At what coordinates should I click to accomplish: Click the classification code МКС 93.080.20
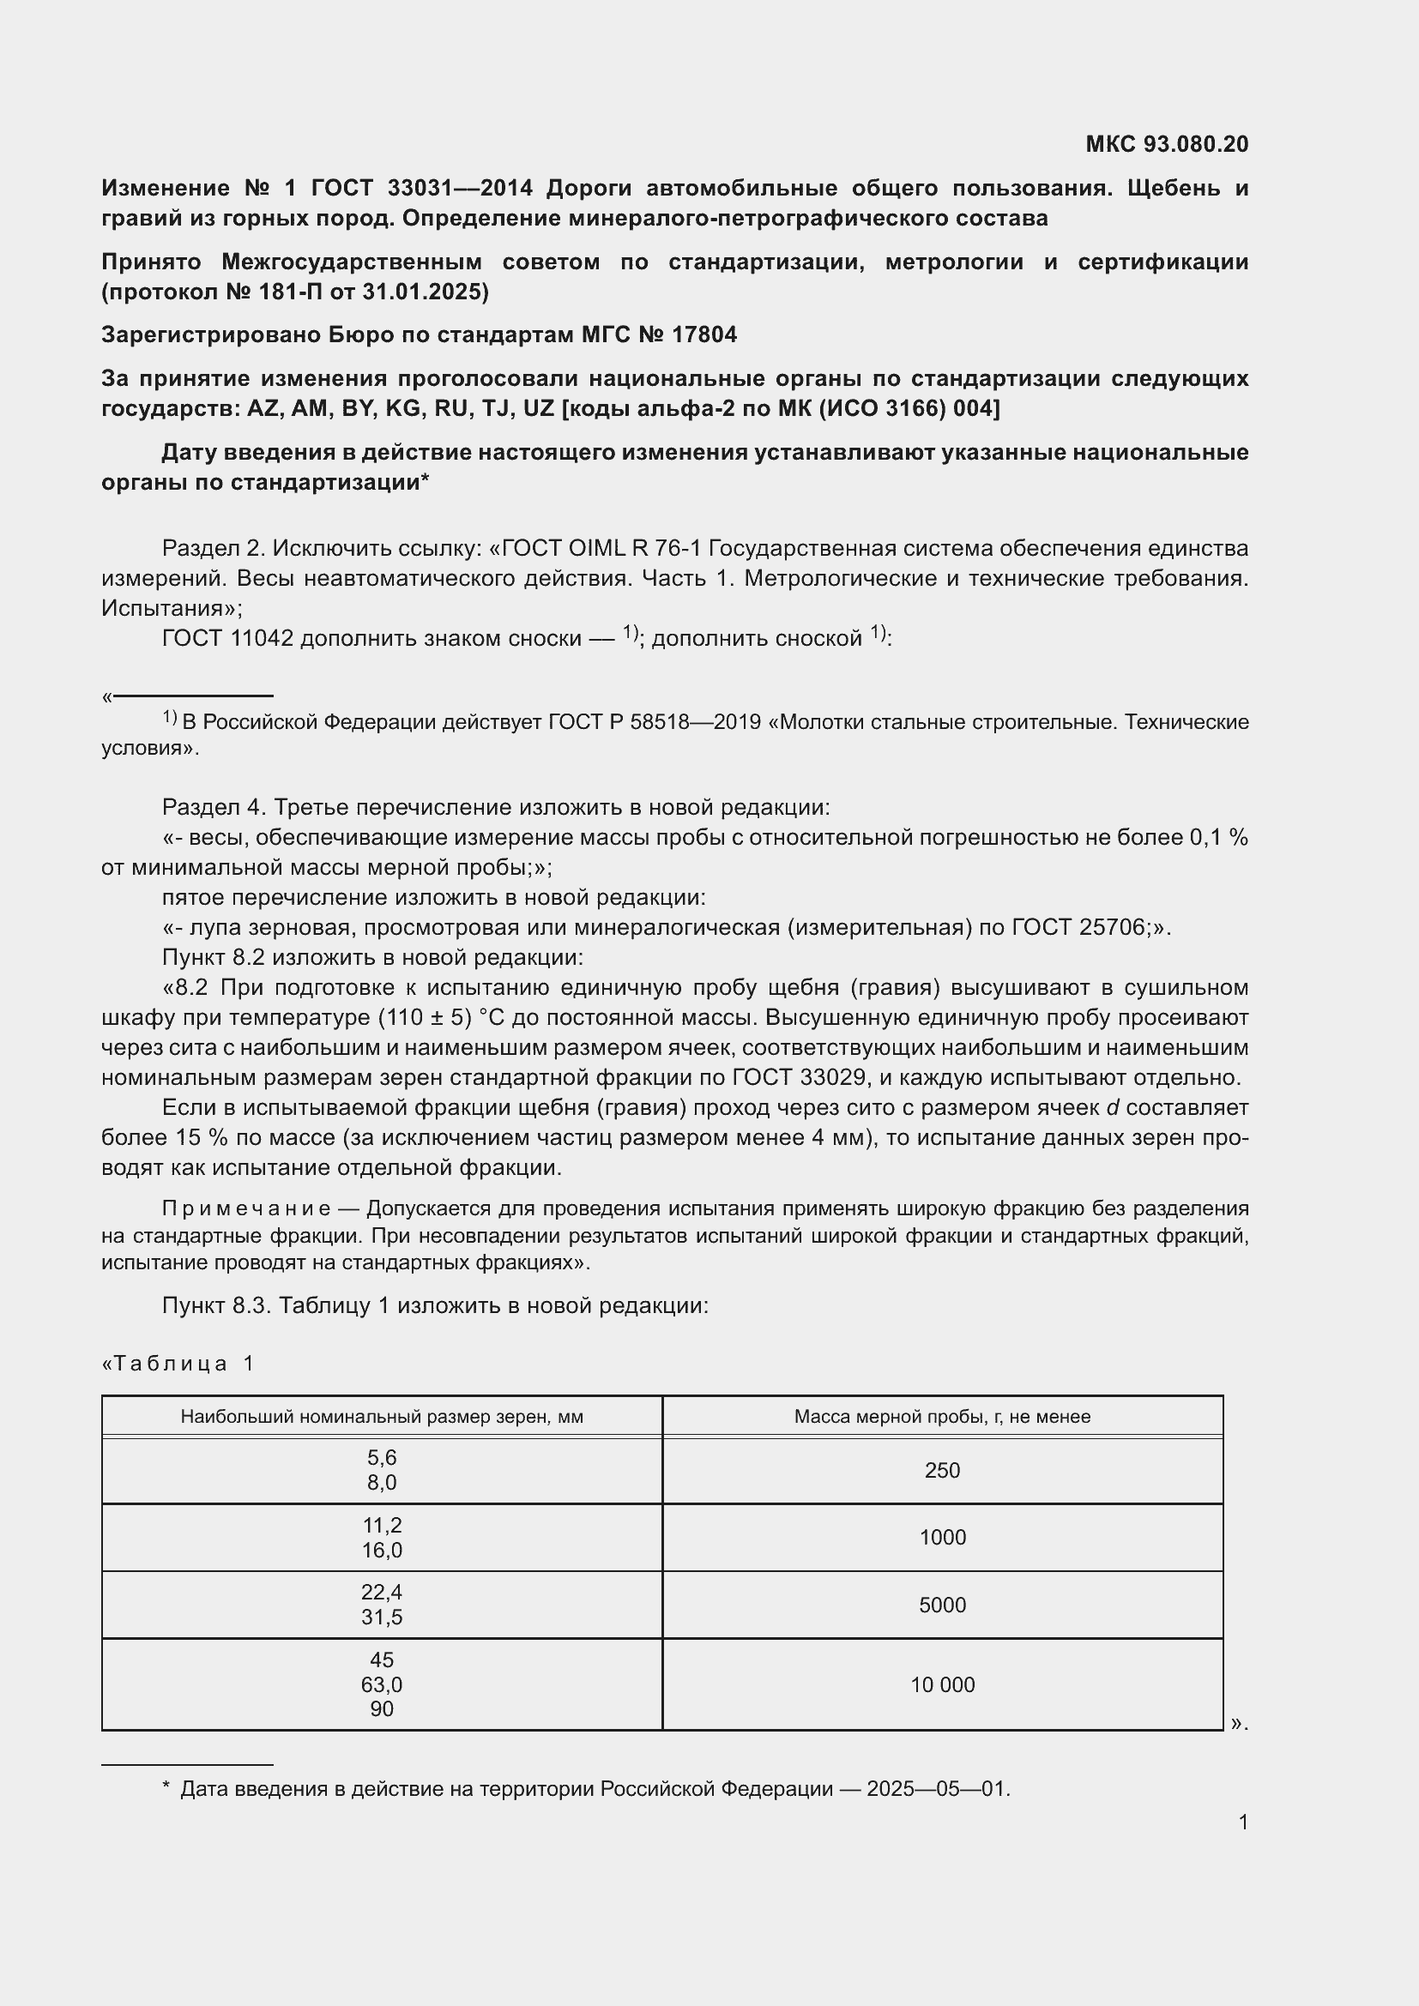pyautogui.click(x=1167, y=144)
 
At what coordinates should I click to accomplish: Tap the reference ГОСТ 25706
pyautogui.click(x=1079, y=927)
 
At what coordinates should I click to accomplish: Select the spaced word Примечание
pyautogui.click(x=246, y=1208)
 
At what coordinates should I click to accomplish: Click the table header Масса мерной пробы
pyautogui.click(x=942, y=1416)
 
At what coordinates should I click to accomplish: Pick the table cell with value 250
pyautogui.click(x=942, y=1471)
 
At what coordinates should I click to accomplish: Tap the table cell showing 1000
pyautogui.click(x=942, y=1537)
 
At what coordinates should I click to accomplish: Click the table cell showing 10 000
pyautogui.click(x=942, y=1684)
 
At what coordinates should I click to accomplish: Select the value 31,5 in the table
pyautogui.click(x=382, y=1617)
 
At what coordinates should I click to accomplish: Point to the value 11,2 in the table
pyautogui.click(x=382, y=1525)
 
